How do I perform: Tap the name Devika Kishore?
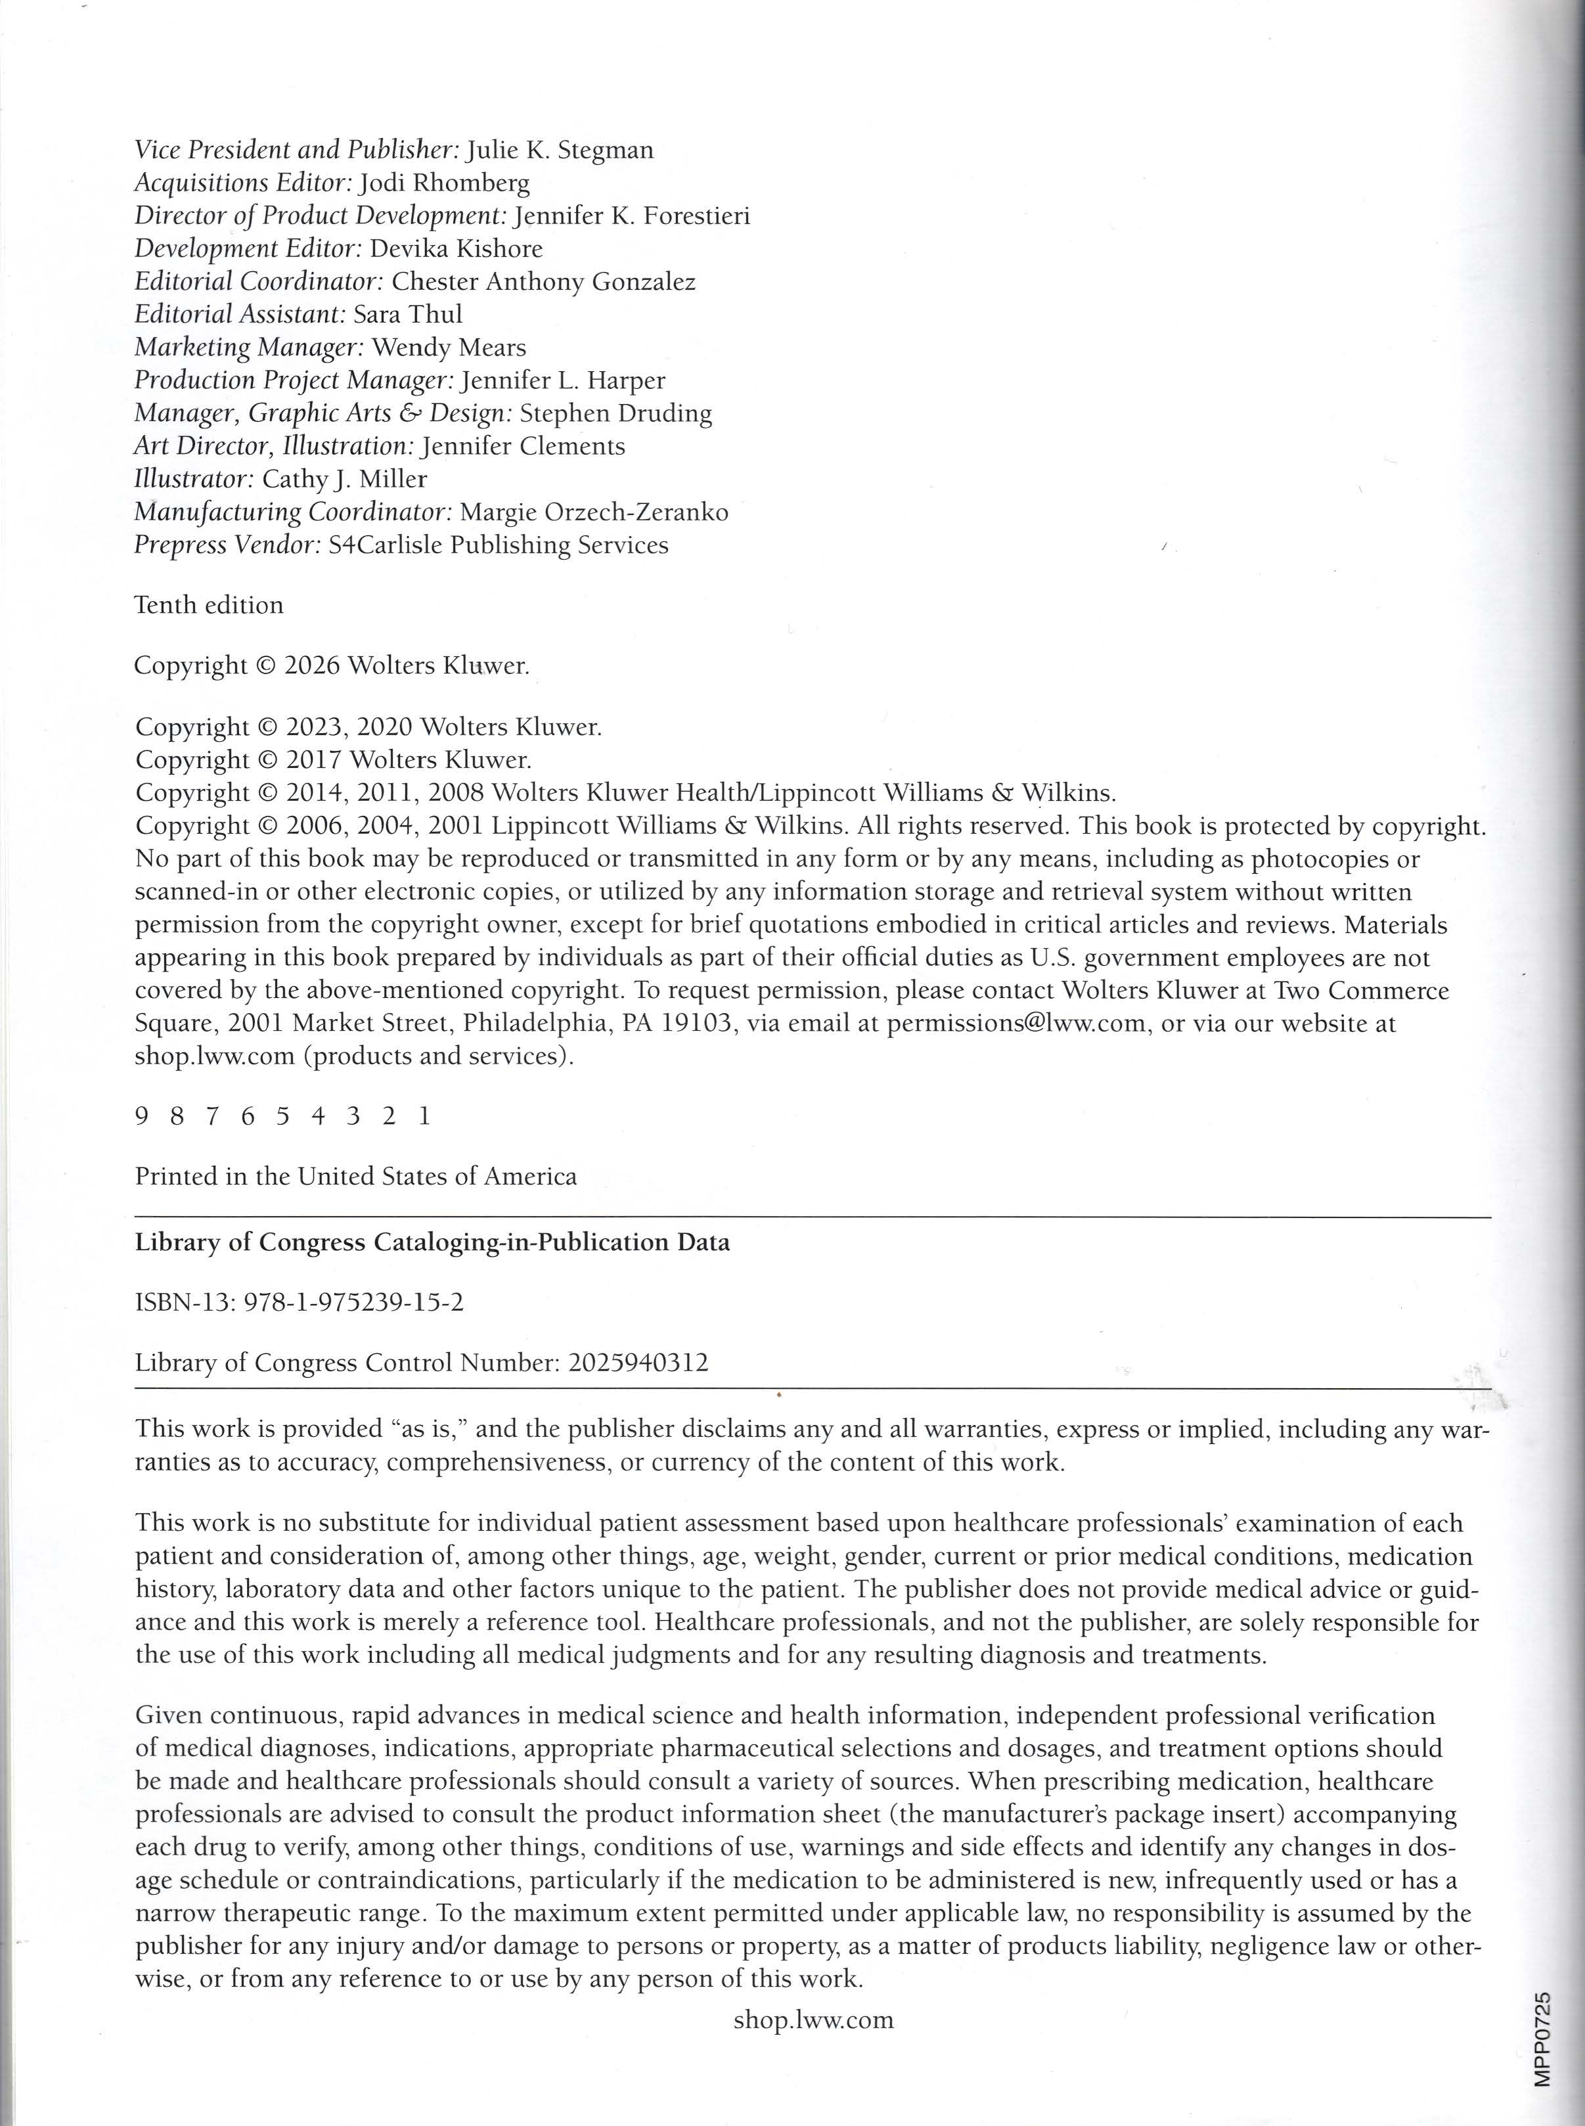coord(456,250)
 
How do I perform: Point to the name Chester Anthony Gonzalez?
coord(543,282)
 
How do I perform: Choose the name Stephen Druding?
coord(615,413)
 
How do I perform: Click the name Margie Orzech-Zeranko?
coord(594,512)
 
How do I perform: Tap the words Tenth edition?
coord(209,605)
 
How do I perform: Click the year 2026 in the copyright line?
coord(312,666)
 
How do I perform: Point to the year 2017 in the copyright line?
coord(314,760)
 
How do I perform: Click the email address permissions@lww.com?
coord(1016,1023)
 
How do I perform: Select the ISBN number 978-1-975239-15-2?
coord(354,1303)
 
